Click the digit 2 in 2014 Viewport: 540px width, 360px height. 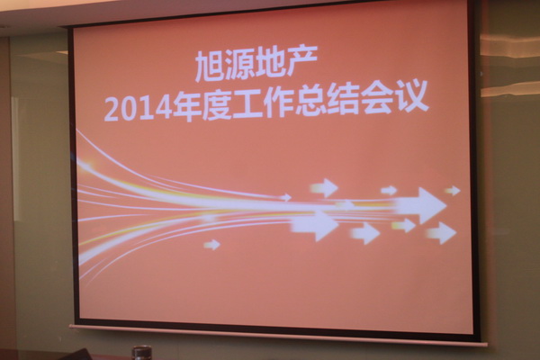[112, 110]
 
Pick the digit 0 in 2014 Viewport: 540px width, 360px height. [130, 109]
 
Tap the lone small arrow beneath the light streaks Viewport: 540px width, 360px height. [211, 245]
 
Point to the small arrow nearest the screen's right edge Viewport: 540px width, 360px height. [453, 191]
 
